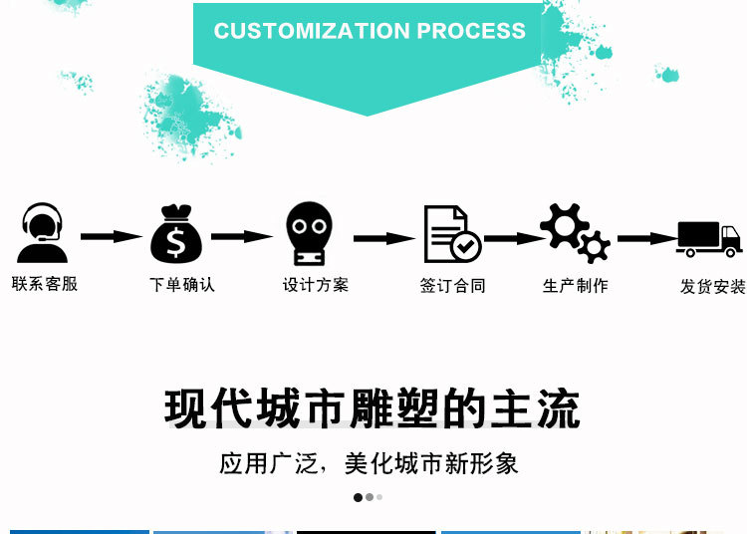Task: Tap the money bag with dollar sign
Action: pyautogui.click(x=176, y=235)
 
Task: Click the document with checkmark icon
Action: pyautogui.click(x=450, y=235)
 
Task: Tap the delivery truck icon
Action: pyautogui.click(x=709, y=239)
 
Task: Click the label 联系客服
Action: pyautogui.click(x=45, y=284)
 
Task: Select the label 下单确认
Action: pyautogui.click(x=182, y=285)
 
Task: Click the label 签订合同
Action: pyautogui.click(x=452, y=286)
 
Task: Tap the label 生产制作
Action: pyautogui.click(x=576, y=286)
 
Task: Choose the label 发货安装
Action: pyautogui.click(x=712, y=287)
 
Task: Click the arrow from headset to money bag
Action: pyautogui.click(x=112, y=237)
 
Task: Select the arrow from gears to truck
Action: pyautogui.click(x=646, y=239)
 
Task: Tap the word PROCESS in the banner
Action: pyautogui.click(x=471, y=31)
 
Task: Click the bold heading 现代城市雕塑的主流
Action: pyautogui.click(x=373, y=409)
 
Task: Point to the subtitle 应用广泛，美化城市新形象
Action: pyautogui.click(x=369, y=463)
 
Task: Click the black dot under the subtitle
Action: pyautogui.click(x=358, y=497)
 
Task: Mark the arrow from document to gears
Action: pyautogui.click(x=514, y=239)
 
